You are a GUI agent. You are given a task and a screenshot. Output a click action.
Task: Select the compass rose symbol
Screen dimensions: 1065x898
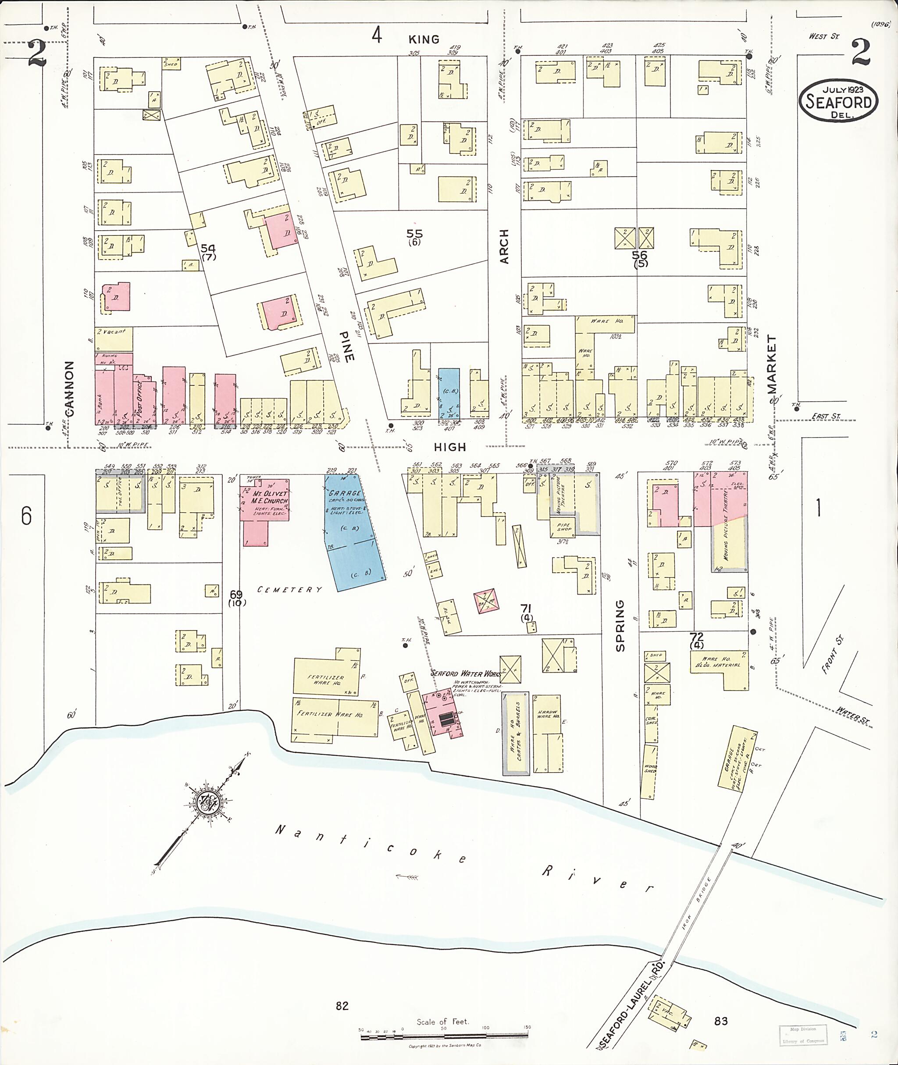[208, 803]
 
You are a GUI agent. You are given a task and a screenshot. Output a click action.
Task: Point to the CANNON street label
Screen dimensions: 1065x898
[69, 388]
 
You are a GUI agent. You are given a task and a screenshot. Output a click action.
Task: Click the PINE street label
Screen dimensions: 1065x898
[347, 347]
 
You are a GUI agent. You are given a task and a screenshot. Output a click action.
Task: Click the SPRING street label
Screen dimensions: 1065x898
[620, 626]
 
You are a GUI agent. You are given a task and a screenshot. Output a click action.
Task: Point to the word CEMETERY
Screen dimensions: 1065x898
[290, 590]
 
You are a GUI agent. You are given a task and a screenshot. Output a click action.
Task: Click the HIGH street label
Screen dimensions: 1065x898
[450, 447]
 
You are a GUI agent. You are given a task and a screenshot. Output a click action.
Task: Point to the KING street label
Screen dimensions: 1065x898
[424, 39]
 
